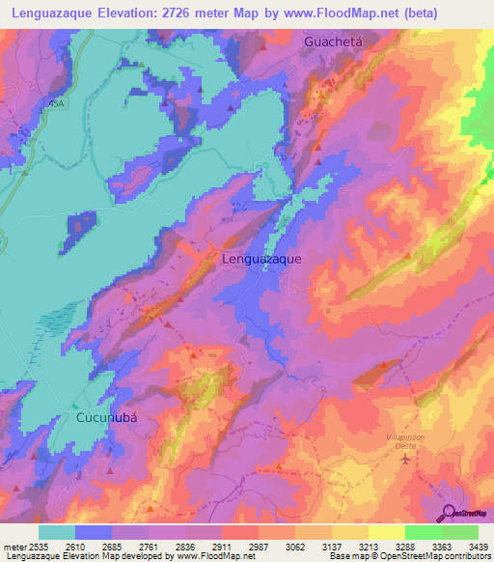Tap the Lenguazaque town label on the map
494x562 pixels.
261,259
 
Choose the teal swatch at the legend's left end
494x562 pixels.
56,532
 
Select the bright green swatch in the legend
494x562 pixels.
423,532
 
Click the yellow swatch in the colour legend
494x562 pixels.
386,532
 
